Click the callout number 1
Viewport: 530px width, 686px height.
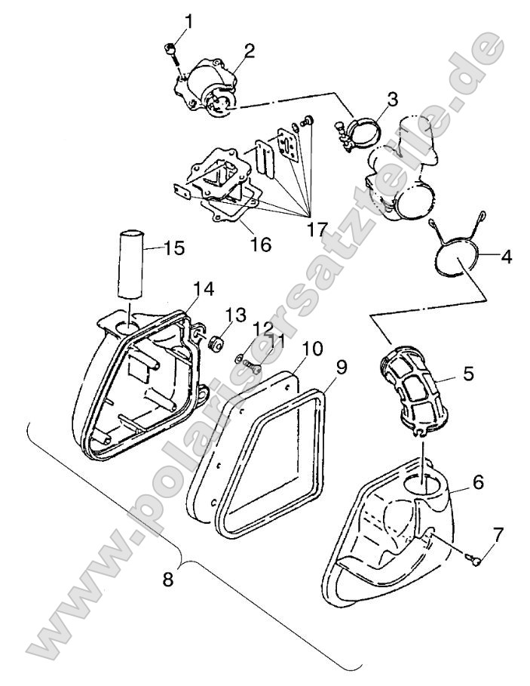tap(188, 22)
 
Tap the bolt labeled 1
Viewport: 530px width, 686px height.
tap(170, 50)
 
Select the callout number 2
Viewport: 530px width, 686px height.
tap(248, 51)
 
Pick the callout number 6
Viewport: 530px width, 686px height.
tap(478, 481)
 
